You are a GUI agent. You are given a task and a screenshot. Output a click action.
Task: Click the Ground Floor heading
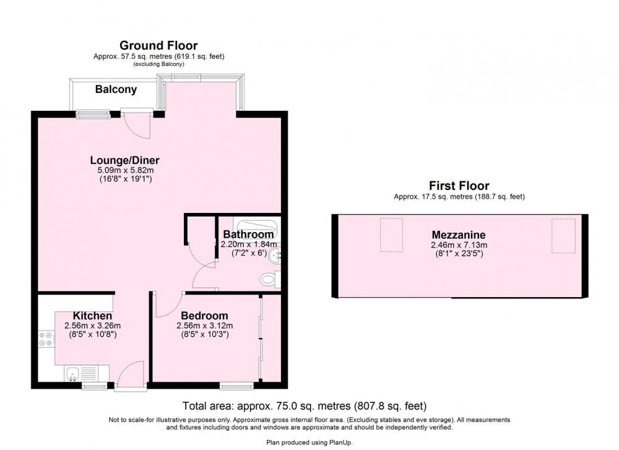click(158, 45)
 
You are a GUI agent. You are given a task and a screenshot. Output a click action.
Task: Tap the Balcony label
click(116, 89)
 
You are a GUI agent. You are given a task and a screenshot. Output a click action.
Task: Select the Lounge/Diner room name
click(125, 160)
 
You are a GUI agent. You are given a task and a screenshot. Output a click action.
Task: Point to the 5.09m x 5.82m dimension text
click(126, 170)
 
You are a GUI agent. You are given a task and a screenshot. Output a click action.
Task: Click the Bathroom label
click(248, 235)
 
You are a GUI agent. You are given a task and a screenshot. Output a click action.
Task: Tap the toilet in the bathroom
click(270, 280)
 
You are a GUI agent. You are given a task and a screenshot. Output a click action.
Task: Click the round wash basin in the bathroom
click(275, 257)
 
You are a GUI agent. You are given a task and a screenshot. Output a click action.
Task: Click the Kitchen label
click(92, 316)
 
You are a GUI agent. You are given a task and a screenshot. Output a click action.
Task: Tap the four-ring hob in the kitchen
click(46, 339)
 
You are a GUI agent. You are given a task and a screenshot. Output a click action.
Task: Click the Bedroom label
click(204, 316)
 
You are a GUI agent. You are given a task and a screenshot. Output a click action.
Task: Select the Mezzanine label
click(459, 235)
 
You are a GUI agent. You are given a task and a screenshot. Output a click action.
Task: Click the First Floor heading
click(459, 186)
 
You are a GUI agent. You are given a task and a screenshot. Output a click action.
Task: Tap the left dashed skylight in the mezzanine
click(391, 235)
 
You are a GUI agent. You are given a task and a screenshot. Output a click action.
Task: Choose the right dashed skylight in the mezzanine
click(563, 235)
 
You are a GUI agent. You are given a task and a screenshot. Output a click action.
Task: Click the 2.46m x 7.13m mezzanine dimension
click(459, 245)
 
